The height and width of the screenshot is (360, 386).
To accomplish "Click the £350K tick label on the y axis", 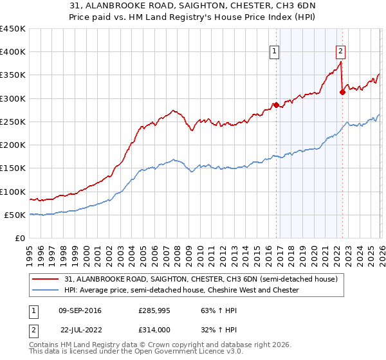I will (x=13, y=75).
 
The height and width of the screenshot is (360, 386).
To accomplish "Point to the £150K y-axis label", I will (x=13, y=168).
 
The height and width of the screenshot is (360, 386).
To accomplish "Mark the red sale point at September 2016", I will (x=276, y=105).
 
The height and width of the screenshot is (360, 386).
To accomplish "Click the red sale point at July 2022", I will (x=342, y=92).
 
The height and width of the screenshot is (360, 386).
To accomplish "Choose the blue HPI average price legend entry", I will (x=181, y=290).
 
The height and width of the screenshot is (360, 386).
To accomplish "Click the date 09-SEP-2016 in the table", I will (x=79, y=310).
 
